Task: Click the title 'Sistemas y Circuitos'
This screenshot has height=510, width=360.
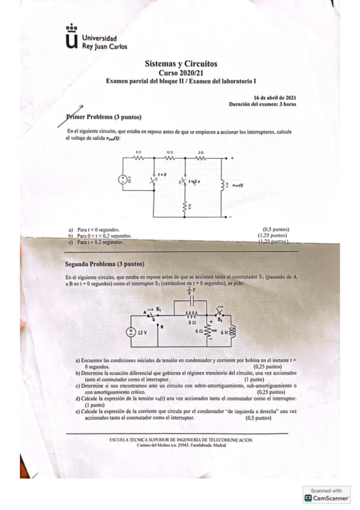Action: point(181,64)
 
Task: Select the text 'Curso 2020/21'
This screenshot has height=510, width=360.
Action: point(181,72)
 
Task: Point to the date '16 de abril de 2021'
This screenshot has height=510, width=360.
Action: point(274,97)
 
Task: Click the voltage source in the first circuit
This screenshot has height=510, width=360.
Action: point(123,179)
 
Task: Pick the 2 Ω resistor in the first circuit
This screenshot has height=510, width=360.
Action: point(201,158)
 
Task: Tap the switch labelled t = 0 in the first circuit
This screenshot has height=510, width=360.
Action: point(156,176)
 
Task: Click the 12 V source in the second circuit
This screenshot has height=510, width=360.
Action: point(130,331)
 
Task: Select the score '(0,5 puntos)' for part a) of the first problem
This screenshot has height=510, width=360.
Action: point(276,229)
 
